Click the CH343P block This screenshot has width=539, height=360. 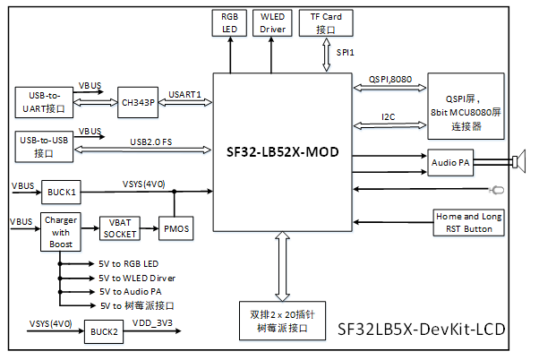click(138, 102)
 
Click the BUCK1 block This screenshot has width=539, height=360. click(62, 191)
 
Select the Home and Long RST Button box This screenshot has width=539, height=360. click(467, 222)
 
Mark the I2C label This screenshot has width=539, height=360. click(388, 116)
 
